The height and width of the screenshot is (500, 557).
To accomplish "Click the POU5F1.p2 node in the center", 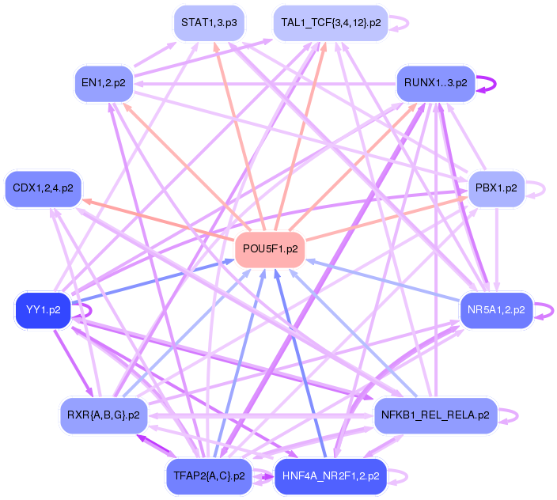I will pos(270,249).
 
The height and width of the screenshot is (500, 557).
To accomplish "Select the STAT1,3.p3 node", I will pos(208,23).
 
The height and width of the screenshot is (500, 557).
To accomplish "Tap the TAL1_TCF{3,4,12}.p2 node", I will pos(331,23).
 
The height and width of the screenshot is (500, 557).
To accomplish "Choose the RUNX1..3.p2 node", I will pos(435,82).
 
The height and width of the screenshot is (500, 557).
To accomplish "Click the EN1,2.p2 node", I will pos(104,82).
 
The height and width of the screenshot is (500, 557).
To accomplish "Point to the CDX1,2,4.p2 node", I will pos(44,188).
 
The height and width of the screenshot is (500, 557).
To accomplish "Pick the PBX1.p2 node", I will pos(496,188).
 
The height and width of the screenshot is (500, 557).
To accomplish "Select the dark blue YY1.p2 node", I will pos(44,310).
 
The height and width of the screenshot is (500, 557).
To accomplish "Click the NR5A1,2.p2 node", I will pos(496,310).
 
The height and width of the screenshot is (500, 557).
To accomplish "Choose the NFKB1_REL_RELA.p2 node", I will pos(435,415).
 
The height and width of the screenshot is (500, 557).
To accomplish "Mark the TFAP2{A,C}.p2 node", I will pos(208,476).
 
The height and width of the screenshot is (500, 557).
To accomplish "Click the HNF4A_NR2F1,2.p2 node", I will pos(331,476).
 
